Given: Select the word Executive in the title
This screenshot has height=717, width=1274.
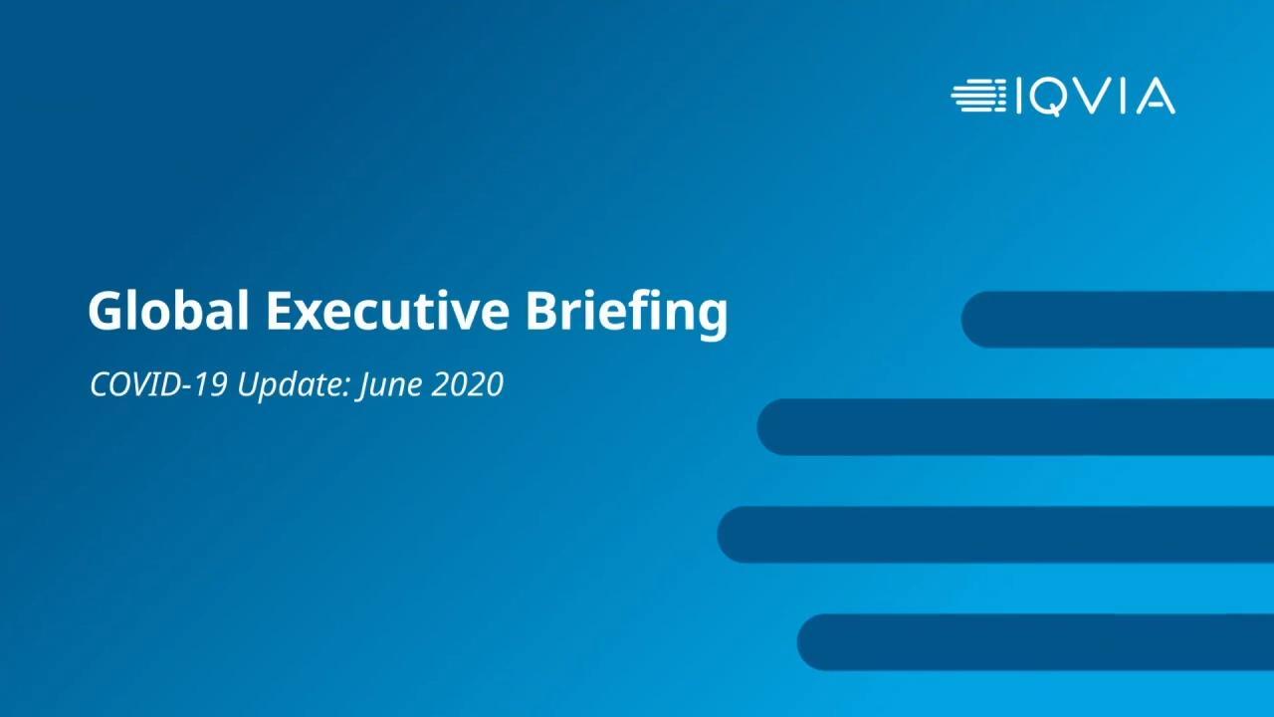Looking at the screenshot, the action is pyautogui.click(x=388, y=311).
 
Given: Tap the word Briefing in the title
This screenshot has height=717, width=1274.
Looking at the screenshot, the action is pyautogui.click(x=627, y=314).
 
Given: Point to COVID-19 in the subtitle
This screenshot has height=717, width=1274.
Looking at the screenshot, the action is pyautogui.click(x=158, y=384).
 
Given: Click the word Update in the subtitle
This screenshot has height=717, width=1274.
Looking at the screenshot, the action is pyautogui.click(x=294, y=385).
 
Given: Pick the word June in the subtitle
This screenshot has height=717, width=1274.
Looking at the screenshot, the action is pyautogui.click(x=390, y=385).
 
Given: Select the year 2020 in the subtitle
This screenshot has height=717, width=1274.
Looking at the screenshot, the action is pyautogui.click(x=468, y=384).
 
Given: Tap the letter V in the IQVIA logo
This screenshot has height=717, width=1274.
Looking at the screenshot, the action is pyautogui.click(x=1095, y=97).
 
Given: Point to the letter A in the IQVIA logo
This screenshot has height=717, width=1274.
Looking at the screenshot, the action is pyautogui.click(x=1156, y=97).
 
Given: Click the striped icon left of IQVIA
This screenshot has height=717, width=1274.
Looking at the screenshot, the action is pyautogui.click(x=978, y=97).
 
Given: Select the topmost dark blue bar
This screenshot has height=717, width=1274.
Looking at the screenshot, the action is pyautogui.click(x=1118, y=320).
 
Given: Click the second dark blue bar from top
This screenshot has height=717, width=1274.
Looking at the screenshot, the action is pyautogui.click(x=1015, y=427).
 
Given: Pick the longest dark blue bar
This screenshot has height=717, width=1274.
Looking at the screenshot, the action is pyautogui.click(x=995, y=535).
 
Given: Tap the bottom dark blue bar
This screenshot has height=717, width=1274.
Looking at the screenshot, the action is pyautogui.click(x=1035, y=642).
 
